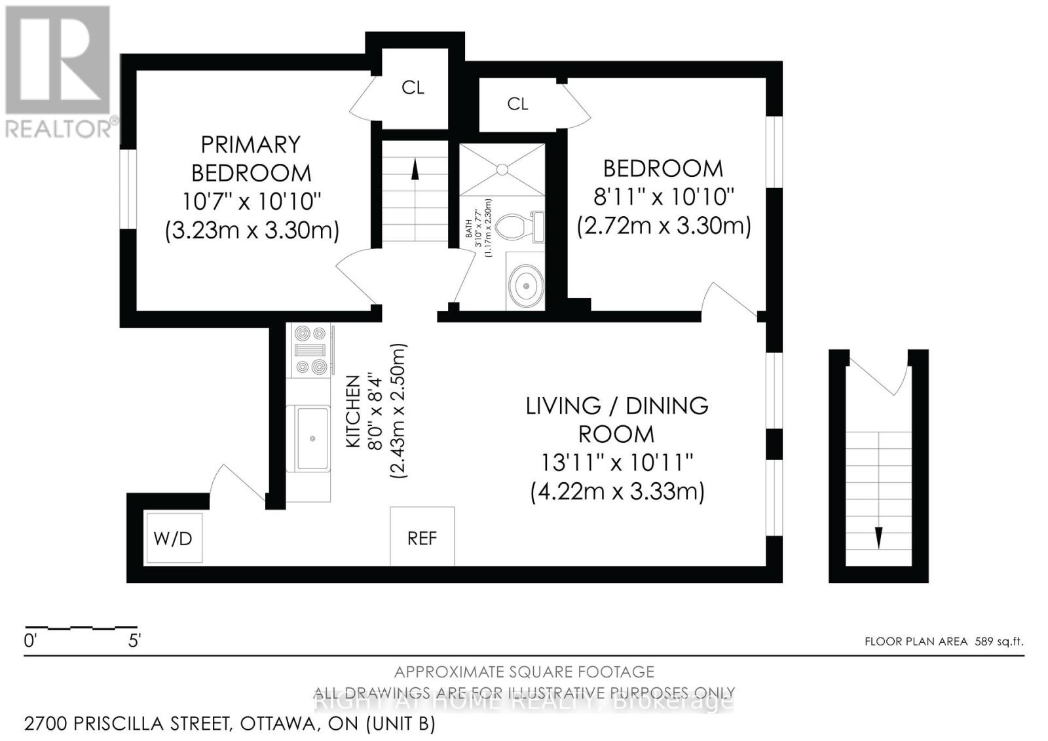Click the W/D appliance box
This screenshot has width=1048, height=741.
(x=174, y=538)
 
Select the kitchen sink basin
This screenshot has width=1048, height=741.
(x=312, y=438)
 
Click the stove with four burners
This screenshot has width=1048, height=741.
(x=311, y=351)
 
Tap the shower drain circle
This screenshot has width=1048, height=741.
(x=502, y=169)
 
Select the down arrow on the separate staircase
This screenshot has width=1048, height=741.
(x=878, y=537)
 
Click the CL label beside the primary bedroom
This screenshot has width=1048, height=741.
(x=413, y=87)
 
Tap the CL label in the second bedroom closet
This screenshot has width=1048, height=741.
(x=517, y=104)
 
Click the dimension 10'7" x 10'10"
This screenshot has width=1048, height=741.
(x=252, y=201)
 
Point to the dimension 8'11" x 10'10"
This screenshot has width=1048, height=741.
(x=663, y=196)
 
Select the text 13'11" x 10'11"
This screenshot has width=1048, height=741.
(x=616, y=463)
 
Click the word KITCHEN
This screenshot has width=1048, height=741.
(x=353, y=411)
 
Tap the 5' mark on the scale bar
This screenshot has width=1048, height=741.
(x=134, y=641)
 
